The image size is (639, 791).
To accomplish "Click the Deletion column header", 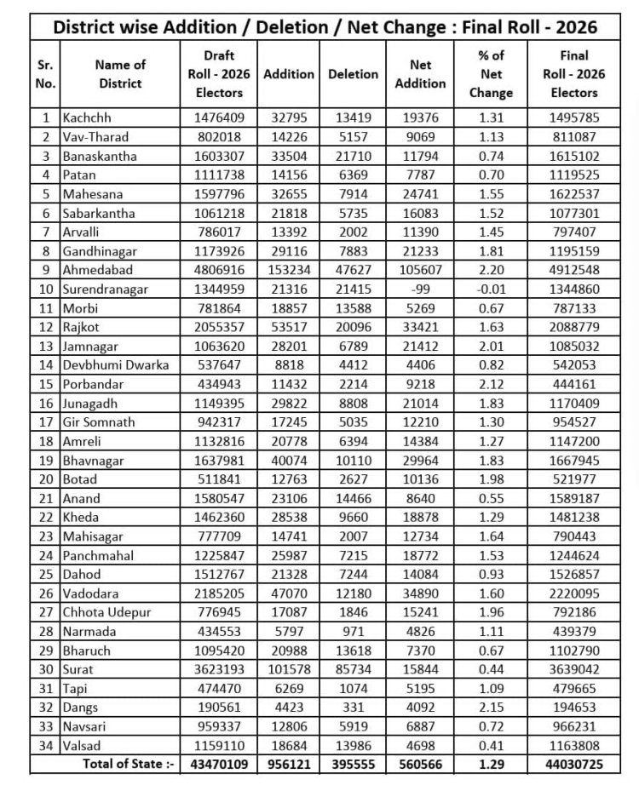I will pyautogui.click(x=353, y=74).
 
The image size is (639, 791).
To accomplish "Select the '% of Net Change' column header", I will pyautogui.click(x=491, y=74).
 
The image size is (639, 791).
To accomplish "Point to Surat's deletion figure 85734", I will pyautogui.click(x=353, y=670).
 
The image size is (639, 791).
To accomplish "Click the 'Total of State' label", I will pyautogui.click(x=128, y=765).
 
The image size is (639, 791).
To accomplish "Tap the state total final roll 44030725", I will pyautogui.click(x=574, y=765).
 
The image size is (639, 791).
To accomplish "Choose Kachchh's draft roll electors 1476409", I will pyautogui.click(x=219, y=118).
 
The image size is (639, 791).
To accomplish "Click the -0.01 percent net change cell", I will pyautogui.click(x=491, y=289).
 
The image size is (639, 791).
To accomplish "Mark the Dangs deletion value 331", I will pyautogui.click(x=353, y=708).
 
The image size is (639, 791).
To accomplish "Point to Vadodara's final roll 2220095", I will pyautogui.click(x=574, y=594).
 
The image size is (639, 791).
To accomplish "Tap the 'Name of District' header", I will pyautogui.click(x=119, y=74).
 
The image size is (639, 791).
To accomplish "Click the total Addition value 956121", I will pyautogui.click(x=289, y=765).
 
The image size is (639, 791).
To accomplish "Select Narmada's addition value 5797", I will pyautogui.click(x=289, y=632).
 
